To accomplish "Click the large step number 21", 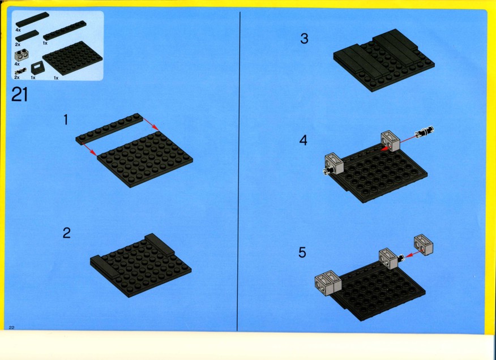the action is (20, 95).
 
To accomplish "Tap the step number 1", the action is (66, 119).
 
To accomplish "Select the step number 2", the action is (66, 233).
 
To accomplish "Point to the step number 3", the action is (304, 38).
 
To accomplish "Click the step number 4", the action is (303, 140).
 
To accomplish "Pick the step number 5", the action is (302, 252).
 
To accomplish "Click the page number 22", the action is (12, 327).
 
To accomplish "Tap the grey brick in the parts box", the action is (20, 55).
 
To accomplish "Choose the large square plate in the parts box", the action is (73, 58).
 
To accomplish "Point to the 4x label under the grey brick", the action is (17, 64).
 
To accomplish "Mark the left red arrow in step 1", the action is (89, 149).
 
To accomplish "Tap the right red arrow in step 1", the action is (151, 124).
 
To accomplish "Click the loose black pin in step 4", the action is (425, 131).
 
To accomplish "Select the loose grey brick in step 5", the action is (424, 244).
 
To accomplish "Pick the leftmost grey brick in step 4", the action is (334, 163).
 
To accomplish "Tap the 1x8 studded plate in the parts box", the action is (65, 31).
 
